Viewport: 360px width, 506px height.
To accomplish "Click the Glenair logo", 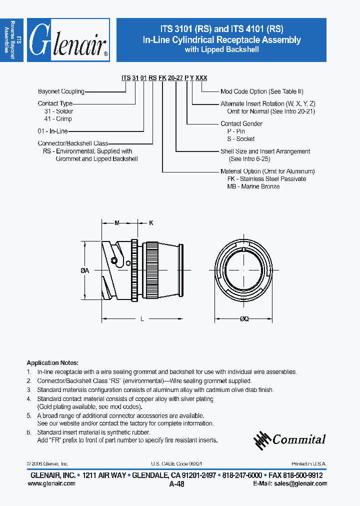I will point(68,40).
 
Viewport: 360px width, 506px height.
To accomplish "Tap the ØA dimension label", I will point(84,270).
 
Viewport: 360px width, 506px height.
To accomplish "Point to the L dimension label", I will point(142,319).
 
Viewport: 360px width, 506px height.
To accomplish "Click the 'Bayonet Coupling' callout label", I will point(61,91).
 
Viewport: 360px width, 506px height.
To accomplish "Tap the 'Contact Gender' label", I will point(241,123).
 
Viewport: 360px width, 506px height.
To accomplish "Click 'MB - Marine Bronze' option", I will point(253,186).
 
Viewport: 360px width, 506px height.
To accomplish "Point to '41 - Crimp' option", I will point(58,119).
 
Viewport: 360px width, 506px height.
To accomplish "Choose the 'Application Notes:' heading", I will point(52,363).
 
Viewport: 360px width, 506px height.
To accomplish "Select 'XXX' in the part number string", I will point(201,78).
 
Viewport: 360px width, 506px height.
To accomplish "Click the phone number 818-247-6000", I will point(242,475).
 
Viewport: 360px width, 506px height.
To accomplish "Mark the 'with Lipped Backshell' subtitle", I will point(221,49).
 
